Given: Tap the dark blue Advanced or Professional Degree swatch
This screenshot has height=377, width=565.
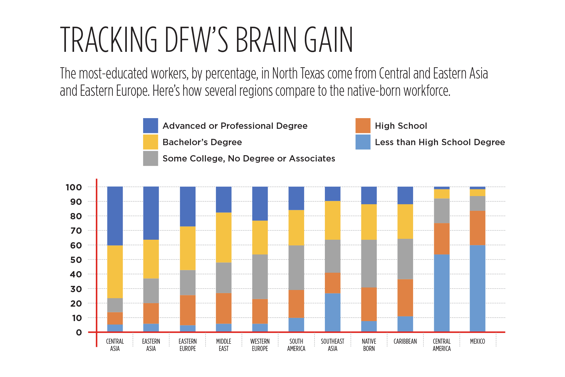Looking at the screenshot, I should pos(151,126).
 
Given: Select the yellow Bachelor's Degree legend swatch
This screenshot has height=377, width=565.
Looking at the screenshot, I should pos(151,142).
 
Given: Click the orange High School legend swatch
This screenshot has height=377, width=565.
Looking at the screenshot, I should pos(363,126).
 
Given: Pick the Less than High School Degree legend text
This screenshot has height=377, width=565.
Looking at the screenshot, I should pos(440,142).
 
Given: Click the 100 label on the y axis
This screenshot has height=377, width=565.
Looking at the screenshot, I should pos(74,187).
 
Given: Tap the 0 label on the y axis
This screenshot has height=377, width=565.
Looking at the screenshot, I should pos(79,332).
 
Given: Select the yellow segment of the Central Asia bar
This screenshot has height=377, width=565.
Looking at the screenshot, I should pos(115,272).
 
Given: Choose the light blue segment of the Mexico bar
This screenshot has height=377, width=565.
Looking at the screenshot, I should pos(477,288).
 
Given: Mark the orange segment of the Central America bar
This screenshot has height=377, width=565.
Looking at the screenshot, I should pos(442,239).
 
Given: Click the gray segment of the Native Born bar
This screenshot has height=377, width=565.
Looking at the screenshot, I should pos(369,264).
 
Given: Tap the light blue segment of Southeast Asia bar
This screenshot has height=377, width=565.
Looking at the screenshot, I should pos(332,312).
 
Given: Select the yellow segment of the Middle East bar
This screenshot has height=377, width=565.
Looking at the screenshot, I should pos(224,238).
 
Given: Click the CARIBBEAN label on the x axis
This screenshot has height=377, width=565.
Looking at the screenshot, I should pos(405,341).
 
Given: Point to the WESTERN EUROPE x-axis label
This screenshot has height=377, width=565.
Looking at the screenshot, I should pos(260,345).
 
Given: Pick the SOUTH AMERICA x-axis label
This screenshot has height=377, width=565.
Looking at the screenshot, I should pos(296,345).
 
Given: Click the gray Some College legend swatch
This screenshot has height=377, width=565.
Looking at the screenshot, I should pos(151,158).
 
